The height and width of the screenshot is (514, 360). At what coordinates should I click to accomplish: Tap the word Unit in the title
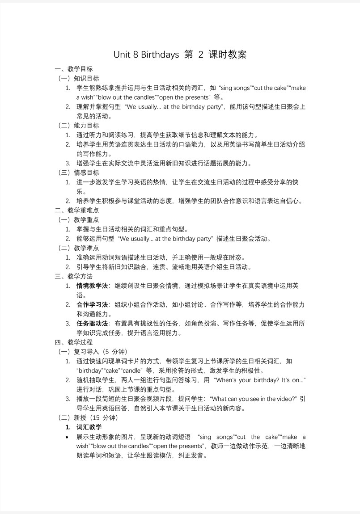[x=122, y=55]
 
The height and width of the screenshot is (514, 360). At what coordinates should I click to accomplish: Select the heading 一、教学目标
[x=74, y=69]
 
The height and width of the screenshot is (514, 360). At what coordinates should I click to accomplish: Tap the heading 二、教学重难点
[x=77, y=210]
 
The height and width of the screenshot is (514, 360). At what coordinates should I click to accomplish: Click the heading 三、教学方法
[x=74, y=276]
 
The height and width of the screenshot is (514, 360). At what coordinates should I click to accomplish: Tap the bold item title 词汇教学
[x=89, y=427]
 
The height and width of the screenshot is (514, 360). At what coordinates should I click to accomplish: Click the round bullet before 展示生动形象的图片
[x=68, y=437]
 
